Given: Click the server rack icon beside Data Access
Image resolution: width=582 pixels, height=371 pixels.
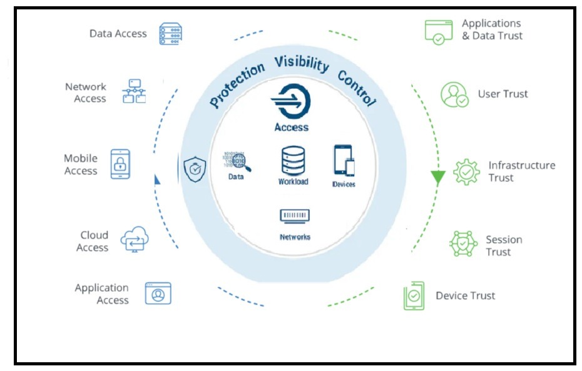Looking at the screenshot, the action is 170,34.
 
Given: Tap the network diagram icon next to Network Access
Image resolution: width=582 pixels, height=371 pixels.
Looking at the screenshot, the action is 134,91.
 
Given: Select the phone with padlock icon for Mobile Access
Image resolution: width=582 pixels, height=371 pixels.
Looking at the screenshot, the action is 120,164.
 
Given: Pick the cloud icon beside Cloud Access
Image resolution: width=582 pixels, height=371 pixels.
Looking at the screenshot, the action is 135,239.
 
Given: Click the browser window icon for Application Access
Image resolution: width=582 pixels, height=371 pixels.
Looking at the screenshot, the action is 158,293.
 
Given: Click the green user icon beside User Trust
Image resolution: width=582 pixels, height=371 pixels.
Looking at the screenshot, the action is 454,94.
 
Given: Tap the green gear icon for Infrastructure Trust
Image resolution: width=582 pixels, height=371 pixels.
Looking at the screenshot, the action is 467,172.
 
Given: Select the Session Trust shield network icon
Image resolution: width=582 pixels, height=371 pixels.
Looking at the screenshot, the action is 463,243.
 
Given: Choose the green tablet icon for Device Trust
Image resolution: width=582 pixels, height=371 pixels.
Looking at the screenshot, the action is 414,296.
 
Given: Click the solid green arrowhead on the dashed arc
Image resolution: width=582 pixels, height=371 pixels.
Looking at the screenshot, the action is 438,177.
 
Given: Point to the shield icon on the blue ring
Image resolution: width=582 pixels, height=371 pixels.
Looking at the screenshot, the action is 195,169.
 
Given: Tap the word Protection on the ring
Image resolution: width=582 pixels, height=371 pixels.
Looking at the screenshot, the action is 237,85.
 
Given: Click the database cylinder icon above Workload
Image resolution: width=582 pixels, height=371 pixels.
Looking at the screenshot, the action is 294,161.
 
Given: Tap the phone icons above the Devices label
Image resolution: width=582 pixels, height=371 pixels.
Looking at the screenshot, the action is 344,160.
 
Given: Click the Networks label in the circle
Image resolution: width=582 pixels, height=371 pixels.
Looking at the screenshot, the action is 295,237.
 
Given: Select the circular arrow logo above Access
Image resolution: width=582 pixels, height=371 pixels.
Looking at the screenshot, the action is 292,101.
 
